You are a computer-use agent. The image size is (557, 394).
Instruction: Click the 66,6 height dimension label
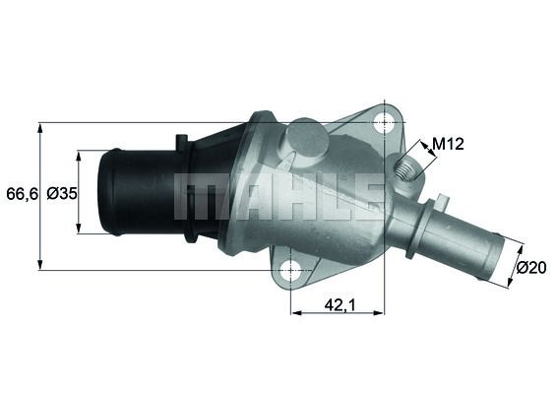pos(22,194)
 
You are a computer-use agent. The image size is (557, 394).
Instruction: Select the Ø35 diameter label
pos(61,194)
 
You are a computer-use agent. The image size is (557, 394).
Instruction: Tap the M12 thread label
pos(448,144)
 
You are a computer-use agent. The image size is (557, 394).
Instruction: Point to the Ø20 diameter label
pos(531,267)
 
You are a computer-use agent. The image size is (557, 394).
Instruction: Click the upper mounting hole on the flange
pos(384,123)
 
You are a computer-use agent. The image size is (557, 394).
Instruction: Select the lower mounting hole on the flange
pos(290,269)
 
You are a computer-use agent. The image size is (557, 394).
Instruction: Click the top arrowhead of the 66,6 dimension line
pos(40,127)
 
